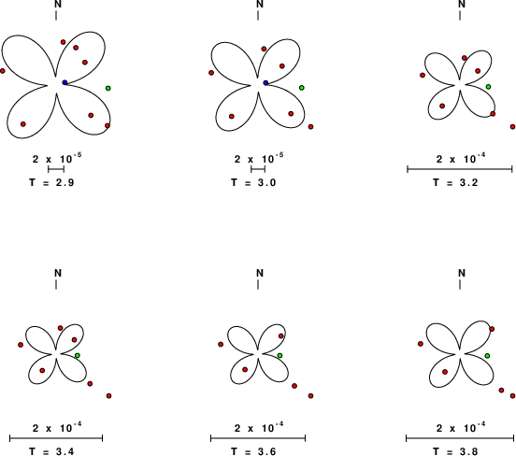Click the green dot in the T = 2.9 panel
pyautogui.click(x=107, y=88)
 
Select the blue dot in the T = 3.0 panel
pyautogui.click(x=265, y=82)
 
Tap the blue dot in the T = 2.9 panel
pyautogui.click(x=64, y=82)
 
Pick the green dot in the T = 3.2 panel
pyautogui.click(x=488, y=87)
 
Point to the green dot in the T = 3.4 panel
pyautogui.click(x=78, y=355)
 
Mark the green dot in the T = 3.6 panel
pyautogui.click(x=279, y=355)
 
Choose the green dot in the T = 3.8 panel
pyautogui.click(x=487, y=356)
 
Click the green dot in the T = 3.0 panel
pyautogui.click(x=302, y=88)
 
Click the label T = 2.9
pyautogui.click(x=51, y=182)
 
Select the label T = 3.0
pyautogui.click(x=253, y=182)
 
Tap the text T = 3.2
pyautogui.click(x=455, y=182)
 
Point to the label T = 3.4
pyautogui.click(x=51, y=451)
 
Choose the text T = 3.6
pyautogui.click(x=253, y=451)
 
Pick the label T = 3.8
pyautogui.click(x=455, y=451)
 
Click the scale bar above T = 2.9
pyautogui.click(x=56, y=169)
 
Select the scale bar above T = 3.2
pyautogui.click(x=460, y=169)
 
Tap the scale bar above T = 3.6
pyautogui.click(x=258, y=438)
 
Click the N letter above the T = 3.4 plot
pyautogui.click(x=58, y=273)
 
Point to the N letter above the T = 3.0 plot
pyautogui.click(x=260, y=4)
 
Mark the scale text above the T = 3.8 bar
pyautogui.click(x=461, y=428)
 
